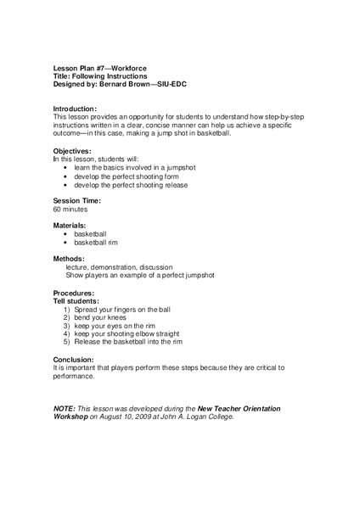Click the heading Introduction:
(x=75, y=109)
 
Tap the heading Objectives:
(x=73, y=152)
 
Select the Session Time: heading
(x=77, y=201)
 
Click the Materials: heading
(x=71, y=225)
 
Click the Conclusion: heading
(x=76, y=359)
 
